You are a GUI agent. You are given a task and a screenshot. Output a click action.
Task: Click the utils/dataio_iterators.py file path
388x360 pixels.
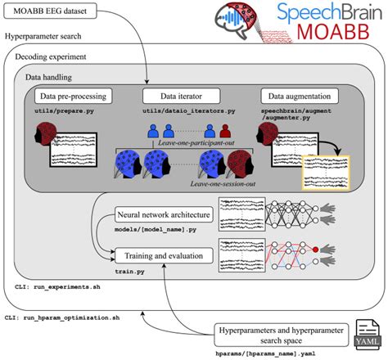(x=185, y=110)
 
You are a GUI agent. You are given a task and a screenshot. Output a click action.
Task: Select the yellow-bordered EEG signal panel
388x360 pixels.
(x=326, y=174)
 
